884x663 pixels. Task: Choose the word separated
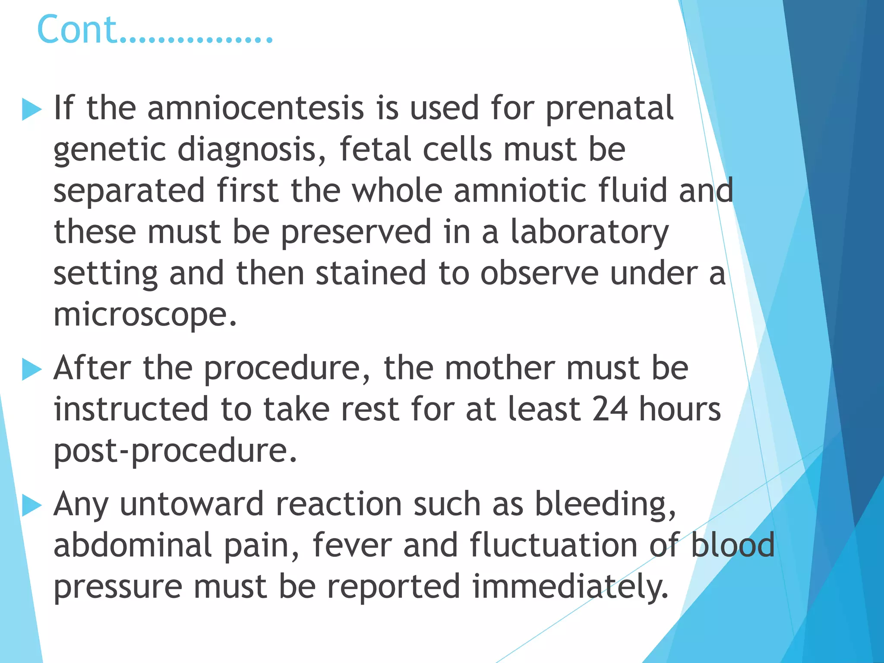tap(129, 191)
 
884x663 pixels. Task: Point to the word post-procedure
tap(175, 451)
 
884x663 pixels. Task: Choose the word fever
tap(352, 545)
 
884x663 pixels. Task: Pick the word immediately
tap(570, 587)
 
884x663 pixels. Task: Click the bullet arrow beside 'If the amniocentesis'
tap(32, 109)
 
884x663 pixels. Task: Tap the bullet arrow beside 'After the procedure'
tap(32, 369)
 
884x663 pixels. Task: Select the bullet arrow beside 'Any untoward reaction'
tap(32, 505)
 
